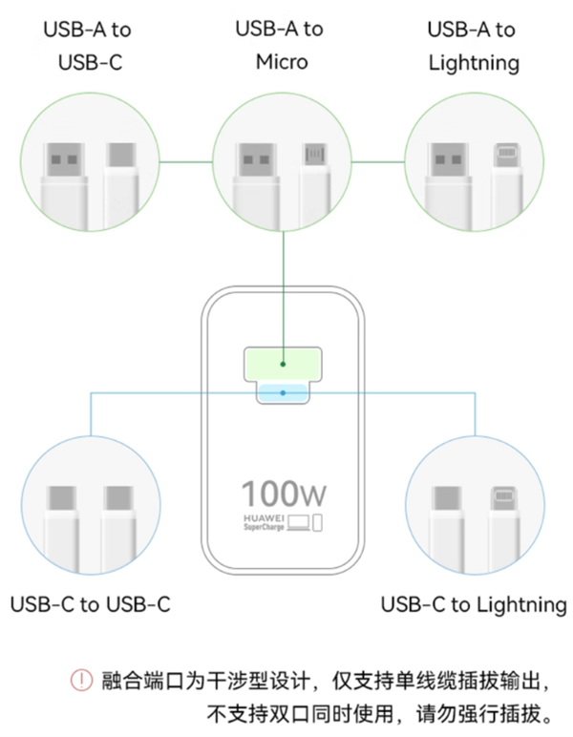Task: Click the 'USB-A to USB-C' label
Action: pos(88,46)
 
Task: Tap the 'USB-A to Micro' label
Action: pos(280,45)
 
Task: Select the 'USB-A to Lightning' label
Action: pos(472,46)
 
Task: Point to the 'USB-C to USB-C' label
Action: pos(91,604)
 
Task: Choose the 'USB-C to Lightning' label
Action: pos(473,604)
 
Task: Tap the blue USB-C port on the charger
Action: pos(284,392)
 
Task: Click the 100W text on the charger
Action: pos(284,495)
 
